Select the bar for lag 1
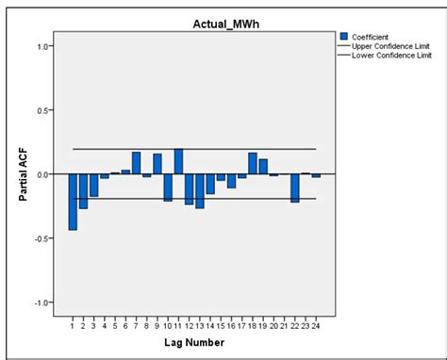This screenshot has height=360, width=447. point(73,202)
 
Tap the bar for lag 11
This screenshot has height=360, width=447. point(178,162)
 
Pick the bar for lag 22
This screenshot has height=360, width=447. point(295,188)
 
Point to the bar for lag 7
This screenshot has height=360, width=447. point(136,163)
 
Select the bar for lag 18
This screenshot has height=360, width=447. point(253,163)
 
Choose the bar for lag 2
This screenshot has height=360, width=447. point(83,191)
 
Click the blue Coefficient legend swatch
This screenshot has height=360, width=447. point(344,36)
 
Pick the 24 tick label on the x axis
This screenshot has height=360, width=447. point(317,327)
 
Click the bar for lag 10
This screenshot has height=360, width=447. point(168,188)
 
